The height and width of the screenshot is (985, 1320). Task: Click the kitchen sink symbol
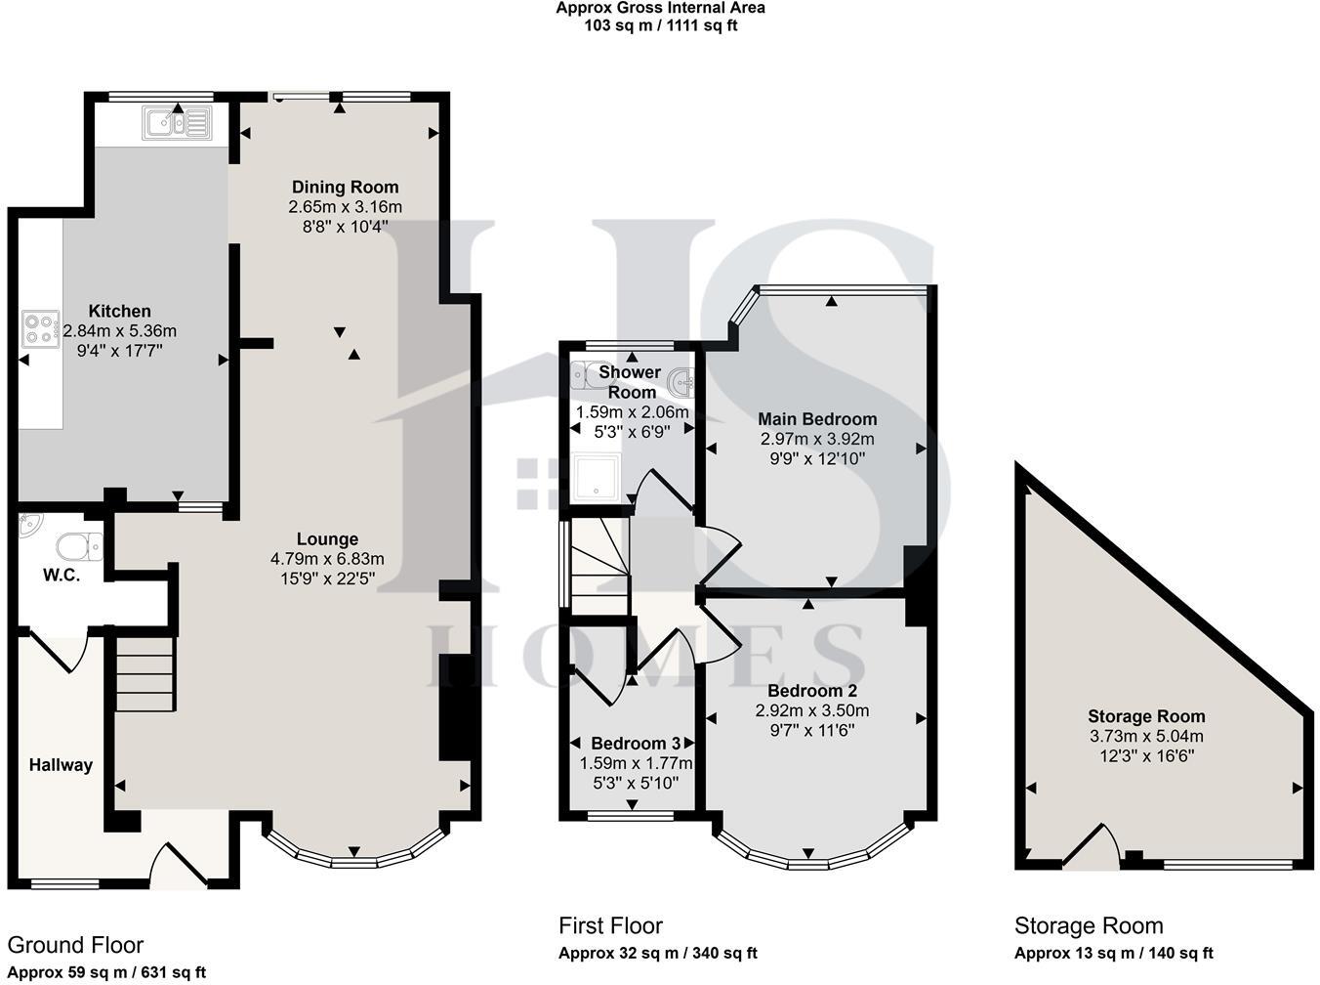coord(177,123)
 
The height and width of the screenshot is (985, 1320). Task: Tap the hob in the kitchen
coord(41,328)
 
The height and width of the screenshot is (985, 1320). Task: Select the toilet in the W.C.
coord(78,546)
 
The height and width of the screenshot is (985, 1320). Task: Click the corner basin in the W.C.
coord(29,525)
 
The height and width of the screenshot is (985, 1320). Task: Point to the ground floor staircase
coord(145,674)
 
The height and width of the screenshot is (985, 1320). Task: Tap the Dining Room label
coord(345,187)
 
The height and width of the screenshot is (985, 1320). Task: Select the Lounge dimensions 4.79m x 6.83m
coord(327,559)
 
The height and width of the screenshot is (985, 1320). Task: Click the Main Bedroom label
coord(817,419)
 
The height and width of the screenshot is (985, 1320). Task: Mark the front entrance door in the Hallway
coord(180,864)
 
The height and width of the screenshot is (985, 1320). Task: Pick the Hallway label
coord(61,765)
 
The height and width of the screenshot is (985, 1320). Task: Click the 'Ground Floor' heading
coord(75,945)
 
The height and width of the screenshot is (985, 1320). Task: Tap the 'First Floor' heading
coord(610,925)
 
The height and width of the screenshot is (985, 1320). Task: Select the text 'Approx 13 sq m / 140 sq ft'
coord(1113,954)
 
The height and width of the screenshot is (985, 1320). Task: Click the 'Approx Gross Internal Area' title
coord(660,8)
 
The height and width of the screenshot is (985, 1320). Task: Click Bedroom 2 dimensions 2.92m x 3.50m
coord(811,710)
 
